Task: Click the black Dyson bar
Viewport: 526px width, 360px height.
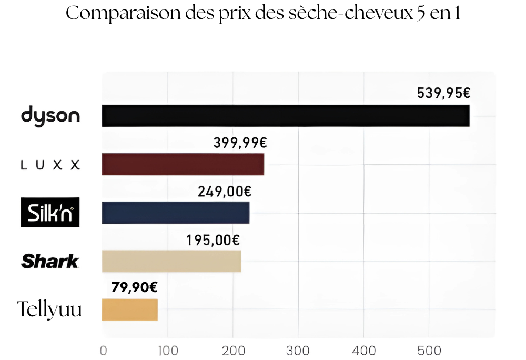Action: [285, 116]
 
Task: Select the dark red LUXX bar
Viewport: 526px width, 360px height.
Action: [183, 164]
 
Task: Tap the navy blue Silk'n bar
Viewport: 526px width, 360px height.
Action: [175, 213]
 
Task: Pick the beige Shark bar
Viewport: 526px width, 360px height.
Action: [171, 261]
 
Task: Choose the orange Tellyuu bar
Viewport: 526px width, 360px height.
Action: [129, 309]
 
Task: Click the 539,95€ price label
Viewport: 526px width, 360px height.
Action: [443, 94]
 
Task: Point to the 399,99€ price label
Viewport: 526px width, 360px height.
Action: [240, 143]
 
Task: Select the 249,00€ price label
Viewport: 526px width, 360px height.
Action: [225, 192]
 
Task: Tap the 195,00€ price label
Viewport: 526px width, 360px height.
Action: [213, 241]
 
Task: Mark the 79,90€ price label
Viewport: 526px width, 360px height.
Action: [134, 287]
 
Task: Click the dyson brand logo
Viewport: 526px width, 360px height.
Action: [50, 116]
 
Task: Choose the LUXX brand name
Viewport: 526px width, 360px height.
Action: [50, 165]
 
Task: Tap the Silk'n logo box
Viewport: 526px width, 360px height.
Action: [50, 212]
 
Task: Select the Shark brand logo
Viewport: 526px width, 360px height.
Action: [50, 261]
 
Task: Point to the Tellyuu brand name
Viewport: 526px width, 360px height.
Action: [50, 309]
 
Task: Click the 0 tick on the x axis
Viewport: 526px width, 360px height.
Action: [103, 351]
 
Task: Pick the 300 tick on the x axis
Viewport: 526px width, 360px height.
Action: [298, 351]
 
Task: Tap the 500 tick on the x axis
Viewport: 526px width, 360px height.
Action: [429, 351]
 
